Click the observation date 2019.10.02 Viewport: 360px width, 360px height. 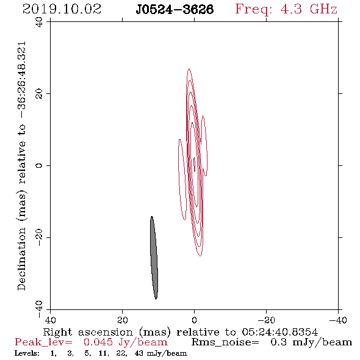click(62, 9)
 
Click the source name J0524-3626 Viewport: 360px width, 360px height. click(175, 10)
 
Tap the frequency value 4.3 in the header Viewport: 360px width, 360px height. click(291, 9)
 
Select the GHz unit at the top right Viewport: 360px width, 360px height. click(323, 9)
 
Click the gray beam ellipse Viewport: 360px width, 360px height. click(154, 257)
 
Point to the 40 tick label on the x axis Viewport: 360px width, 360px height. click(50, 320)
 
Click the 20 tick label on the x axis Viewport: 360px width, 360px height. click(122, 320)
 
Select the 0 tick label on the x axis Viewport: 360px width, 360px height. click(194, 320)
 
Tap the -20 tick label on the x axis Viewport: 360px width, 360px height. click(266, 320)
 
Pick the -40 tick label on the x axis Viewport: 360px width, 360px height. click(338, 320)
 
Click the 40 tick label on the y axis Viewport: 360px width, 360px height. click(39, 22)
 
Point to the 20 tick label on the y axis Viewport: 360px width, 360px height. click(39, 94)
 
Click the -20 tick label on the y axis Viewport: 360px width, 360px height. click(39, 237)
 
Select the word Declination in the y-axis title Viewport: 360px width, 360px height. click(21, 259)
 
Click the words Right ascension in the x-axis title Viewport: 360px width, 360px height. click(88, 332)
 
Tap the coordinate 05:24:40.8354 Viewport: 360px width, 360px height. click(279, 332)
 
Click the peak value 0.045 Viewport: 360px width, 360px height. click(98, 342)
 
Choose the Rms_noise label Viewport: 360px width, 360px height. click(225, 342)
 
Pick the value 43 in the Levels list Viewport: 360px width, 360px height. click(139, 353)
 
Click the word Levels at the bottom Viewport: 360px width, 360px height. click(27, 353)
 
